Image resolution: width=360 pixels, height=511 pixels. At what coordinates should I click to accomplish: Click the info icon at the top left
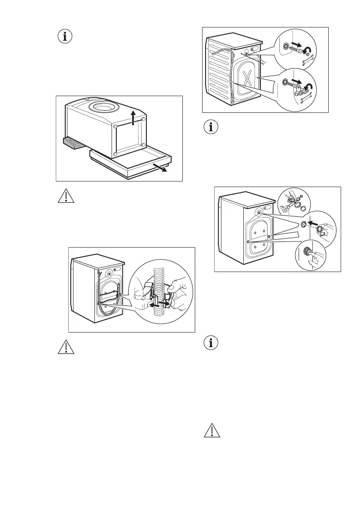click(x=65, y=37)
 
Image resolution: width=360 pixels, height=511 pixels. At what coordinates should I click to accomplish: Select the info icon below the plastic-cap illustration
click(x=211, y=343)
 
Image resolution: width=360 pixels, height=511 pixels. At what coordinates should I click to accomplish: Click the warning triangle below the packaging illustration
click(x=65, y=196)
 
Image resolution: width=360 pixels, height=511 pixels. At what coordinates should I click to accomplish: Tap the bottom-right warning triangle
click(x=211, y=431)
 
